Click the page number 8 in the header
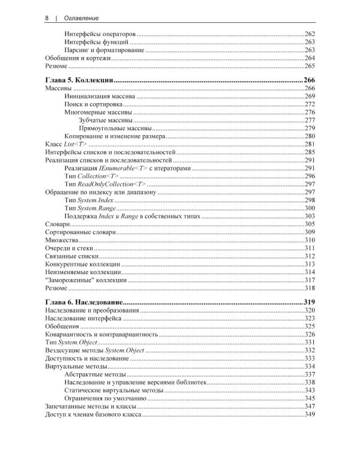coord(46,18)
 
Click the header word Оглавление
coord(80,18)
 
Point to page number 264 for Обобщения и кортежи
coord(310,58)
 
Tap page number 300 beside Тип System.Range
coord(310,207)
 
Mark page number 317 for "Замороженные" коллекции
coord(310,280)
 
